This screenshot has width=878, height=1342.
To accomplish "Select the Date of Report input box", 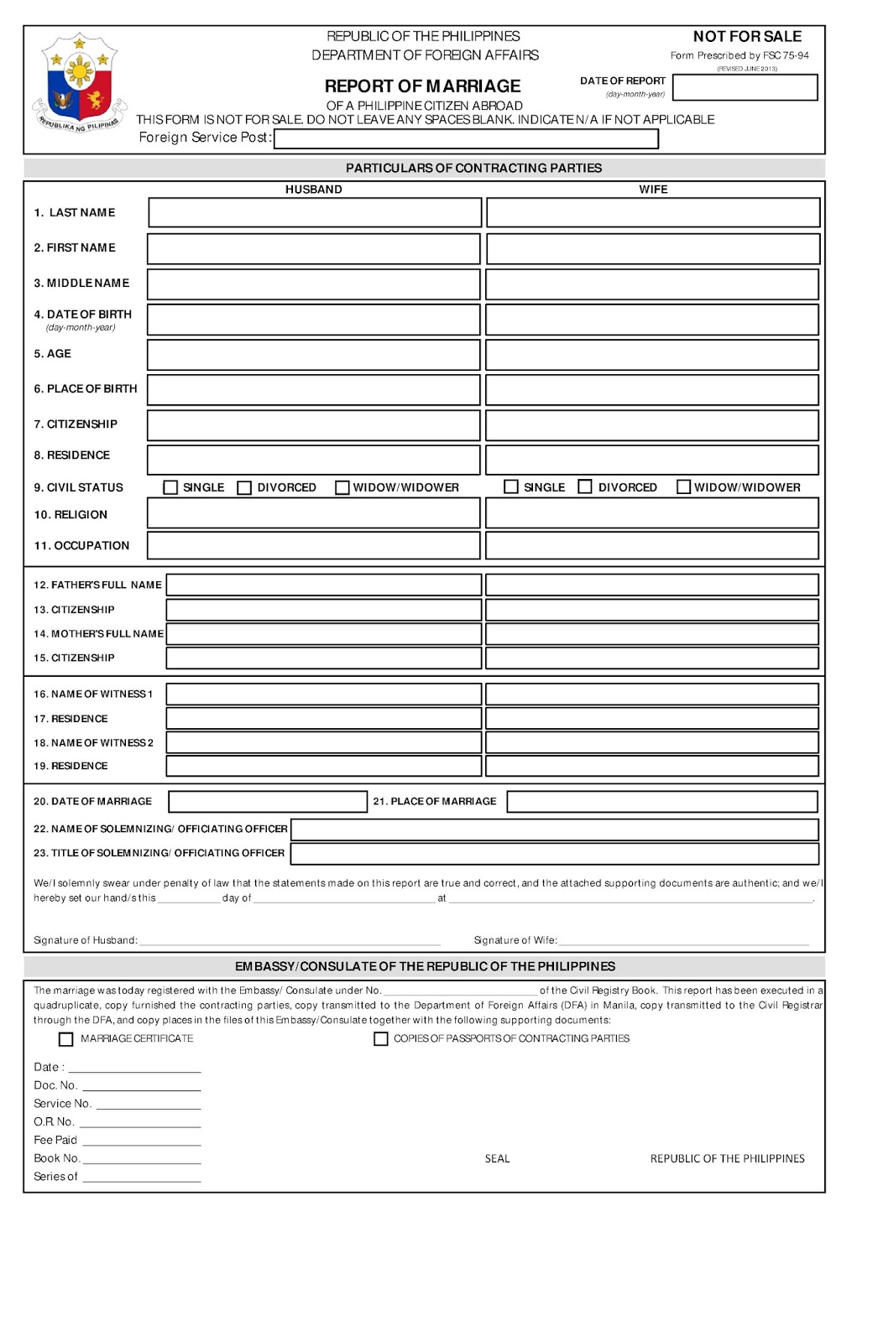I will coord(745,87).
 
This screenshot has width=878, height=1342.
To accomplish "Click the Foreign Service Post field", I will coord(466,139).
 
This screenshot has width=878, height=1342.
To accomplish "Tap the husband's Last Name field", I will coord(315,213).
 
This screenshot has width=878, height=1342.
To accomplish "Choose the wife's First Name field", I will coord(652,249).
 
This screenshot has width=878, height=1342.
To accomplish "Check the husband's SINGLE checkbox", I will coord(171,487).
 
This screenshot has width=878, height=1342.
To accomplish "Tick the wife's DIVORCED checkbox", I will coord(585,486).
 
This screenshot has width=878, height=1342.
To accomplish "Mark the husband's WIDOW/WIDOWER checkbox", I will coord(342,487).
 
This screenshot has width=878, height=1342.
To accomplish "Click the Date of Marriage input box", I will coord(268,802).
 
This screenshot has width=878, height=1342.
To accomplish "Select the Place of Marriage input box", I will coord(662,802).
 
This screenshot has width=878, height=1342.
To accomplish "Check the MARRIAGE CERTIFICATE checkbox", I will coord(66,1039).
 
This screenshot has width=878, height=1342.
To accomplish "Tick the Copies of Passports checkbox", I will coord(381,1039).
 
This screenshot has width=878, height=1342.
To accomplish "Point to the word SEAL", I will coord(497,1159).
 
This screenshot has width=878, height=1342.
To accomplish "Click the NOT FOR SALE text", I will coord(747,37).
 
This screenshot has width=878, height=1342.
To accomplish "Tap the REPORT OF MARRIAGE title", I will coord(422,86).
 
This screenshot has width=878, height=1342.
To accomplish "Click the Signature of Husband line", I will coord(290,940).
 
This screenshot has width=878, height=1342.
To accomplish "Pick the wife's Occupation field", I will coord(651,546).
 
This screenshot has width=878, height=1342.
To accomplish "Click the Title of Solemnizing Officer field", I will coord(554,854).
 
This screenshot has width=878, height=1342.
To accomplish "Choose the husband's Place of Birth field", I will coord(313,390).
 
